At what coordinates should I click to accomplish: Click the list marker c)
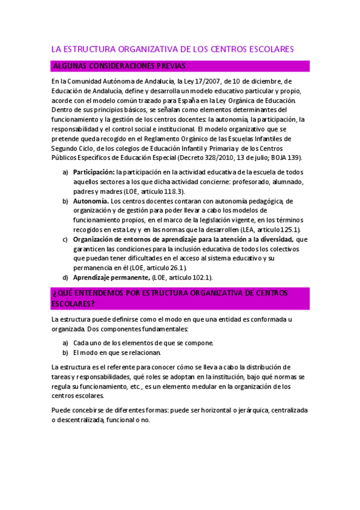pyautogui.click(x=65, y=239)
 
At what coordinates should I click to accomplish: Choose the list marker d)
pyautogui.click(x=65, y=277)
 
